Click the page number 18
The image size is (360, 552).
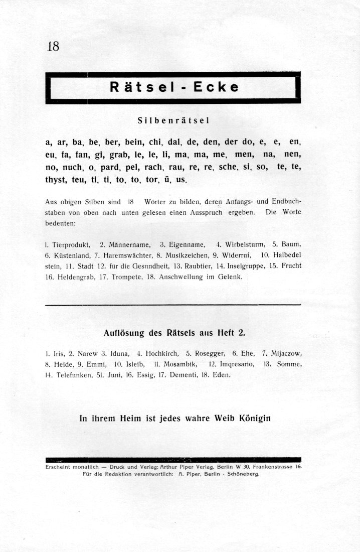coord(52,47)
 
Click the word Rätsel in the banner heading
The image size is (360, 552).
coord(141,87)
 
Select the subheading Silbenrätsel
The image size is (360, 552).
coord(173,121)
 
